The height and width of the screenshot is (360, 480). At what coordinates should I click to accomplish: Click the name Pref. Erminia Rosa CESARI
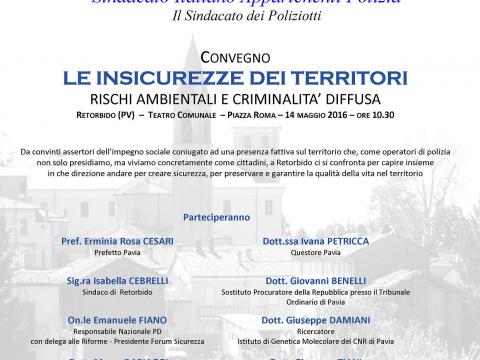pyautogui.click(x=121, y=242)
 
